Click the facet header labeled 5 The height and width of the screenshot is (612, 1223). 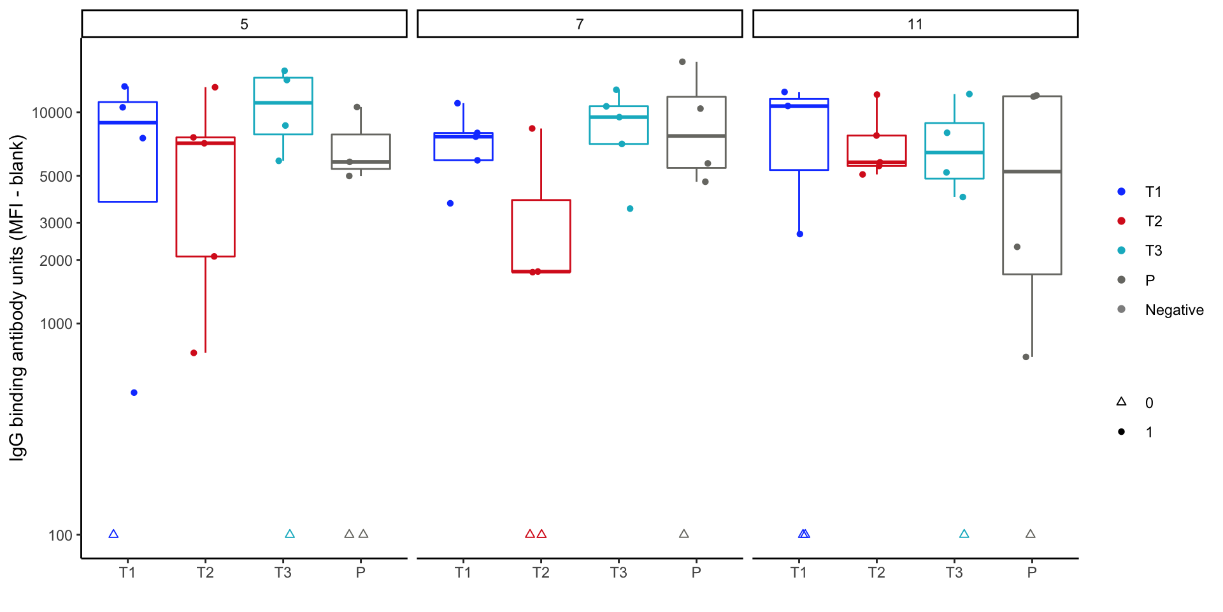(244, 24)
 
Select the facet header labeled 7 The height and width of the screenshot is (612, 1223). (580, 24)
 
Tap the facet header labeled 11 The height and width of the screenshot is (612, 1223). (915, 24)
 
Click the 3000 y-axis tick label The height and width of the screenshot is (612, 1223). (56, 223)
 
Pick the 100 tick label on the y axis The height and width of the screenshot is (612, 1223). (61, 535)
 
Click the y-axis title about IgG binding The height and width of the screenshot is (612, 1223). (17, 298)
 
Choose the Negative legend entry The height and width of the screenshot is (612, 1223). (1174, 310)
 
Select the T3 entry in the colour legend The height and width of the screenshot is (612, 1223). (1153, 251)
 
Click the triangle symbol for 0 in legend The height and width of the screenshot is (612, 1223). (1122, 402)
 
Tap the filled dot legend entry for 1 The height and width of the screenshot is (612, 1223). (1122, 432)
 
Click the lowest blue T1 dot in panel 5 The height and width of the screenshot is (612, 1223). (134, 393)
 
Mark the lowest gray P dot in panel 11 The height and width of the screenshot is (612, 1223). (1026, 357)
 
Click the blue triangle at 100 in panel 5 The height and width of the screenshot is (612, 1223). (113, 534)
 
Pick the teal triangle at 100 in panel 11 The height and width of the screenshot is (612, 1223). (964, 534)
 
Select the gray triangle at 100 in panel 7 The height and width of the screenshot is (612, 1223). (684, 534)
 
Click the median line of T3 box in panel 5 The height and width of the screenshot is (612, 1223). (283, 103)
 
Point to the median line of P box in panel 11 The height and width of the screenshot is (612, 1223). (1032, 171)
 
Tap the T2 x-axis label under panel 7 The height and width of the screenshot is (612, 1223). (541, 572)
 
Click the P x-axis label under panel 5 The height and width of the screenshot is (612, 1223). (361, 572)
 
